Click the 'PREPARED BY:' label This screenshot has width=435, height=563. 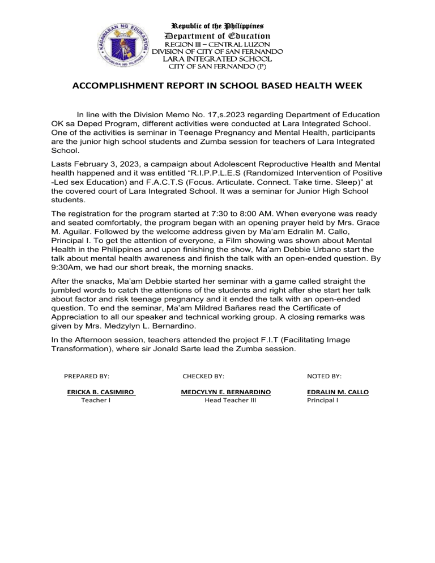click(x=87, y=376)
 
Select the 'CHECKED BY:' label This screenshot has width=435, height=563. click(x=203, y=376)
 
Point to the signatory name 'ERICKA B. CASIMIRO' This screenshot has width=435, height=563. click(x=100, y=391)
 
